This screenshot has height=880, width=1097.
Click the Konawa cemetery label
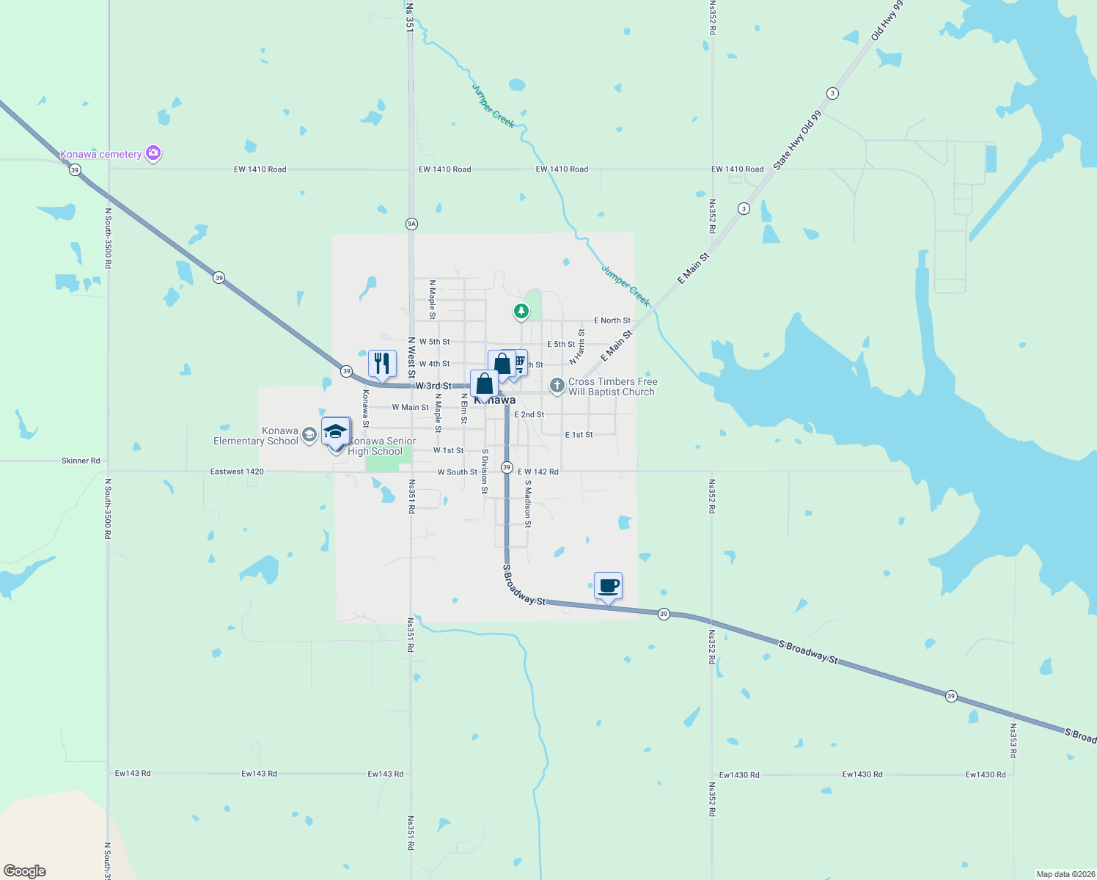tap(100, 154)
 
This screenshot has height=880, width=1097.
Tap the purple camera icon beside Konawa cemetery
tap(153, 153)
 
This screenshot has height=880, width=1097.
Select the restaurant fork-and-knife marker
tap(382, 364)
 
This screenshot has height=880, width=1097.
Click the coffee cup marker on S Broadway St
tap(608, 586)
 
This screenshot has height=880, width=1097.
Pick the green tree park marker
tap(521, 312)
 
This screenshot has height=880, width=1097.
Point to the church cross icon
tap(557, 385)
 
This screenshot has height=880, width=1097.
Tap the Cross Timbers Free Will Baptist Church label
tap(612, 386)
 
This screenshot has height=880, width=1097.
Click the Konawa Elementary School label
tap(256, 436)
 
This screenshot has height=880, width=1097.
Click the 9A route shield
tap(411, 224)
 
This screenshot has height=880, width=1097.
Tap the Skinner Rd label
tap(81, 461)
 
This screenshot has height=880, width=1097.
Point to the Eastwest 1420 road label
tap(237, 472)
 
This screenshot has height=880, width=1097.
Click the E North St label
tap(612, 320)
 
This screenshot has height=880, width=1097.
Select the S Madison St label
tap(527, 503)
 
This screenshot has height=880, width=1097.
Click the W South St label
tap(457, 472)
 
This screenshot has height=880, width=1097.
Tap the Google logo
tap(25, 871)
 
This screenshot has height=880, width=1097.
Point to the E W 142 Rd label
tap(538, 472)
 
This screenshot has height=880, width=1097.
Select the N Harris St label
tap(577, 346)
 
